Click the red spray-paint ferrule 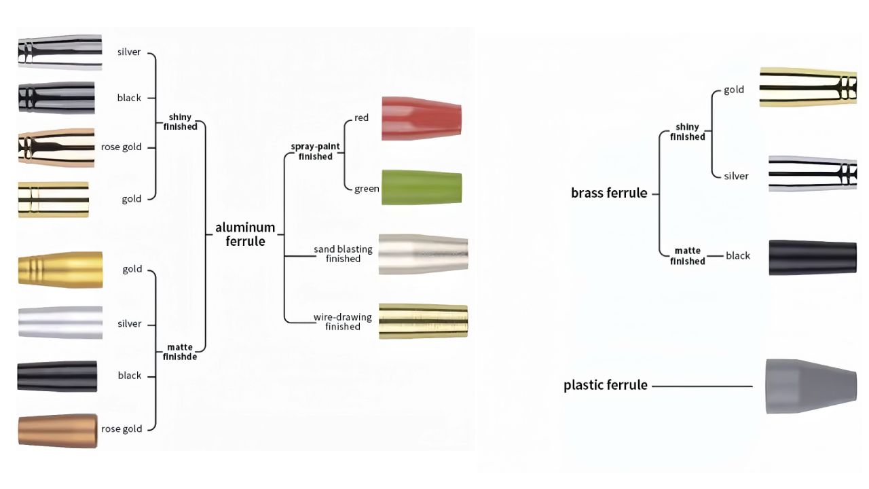tap(421, 118)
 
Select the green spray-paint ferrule tap(421, 187)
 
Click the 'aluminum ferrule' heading tap(245, 234)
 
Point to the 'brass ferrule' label tap(609, 193)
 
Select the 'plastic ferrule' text tap(605, 385)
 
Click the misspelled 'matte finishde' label tap(180, 351)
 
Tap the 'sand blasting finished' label tap(343, 254)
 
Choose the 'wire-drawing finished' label tap(342, 322)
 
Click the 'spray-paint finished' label tap(316, 151)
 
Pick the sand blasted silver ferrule tap(423, 255)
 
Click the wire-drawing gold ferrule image tap(423, 321)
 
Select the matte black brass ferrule tap(812, 257)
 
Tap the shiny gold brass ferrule tap(808, 87)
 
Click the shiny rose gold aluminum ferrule tap(56, 147)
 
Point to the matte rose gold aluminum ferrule tap(57, 431)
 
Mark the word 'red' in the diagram tap(361, 117)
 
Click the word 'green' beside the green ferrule tap(367, 188)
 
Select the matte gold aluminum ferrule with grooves tap(60, 270)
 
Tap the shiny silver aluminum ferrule tap(60, 52)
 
